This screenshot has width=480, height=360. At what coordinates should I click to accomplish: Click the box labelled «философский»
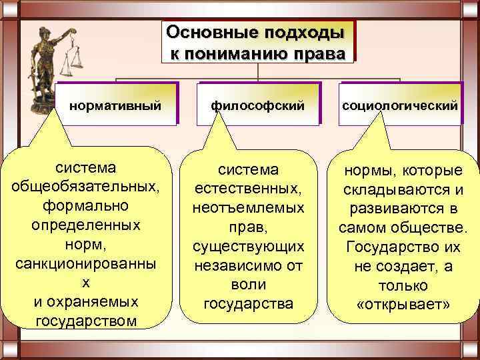[x=258, y=105]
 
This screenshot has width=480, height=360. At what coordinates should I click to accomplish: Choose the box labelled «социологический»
[x=400, y=105]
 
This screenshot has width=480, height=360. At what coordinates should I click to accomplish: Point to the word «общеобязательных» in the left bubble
[x=85, y=185]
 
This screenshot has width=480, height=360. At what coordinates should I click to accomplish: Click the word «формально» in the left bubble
[x=85, y=204]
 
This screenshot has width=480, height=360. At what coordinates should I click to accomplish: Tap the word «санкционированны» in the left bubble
[x=85, y=263]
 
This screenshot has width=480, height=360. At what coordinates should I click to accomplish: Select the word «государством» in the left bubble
[x=85, y=321]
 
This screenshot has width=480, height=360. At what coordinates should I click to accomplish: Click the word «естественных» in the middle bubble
[x=248, y=189]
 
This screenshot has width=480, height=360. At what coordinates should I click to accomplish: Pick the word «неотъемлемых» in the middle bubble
[x=248, y=208]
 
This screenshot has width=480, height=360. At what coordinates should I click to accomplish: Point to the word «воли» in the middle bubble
[x=248, y=285]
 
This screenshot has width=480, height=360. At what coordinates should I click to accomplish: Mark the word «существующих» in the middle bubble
[x=248, y=247]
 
